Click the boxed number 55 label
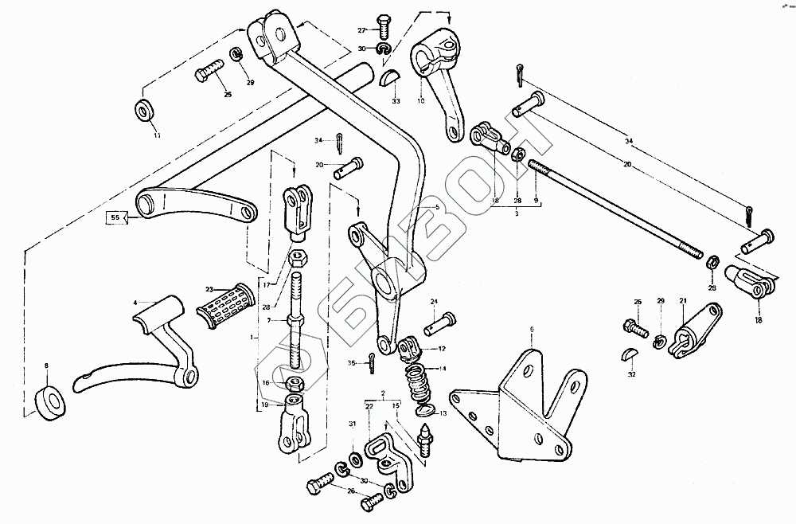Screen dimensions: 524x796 click(115, 216)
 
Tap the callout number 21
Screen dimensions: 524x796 click(682, 300)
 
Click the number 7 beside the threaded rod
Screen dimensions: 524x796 click(269, 320)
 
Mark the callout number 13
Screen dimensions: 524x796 click(444, 414)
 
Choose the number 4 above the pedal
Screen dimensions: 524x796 click(136, 303)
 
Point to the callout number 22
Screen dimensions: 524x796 click(369, 406)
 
